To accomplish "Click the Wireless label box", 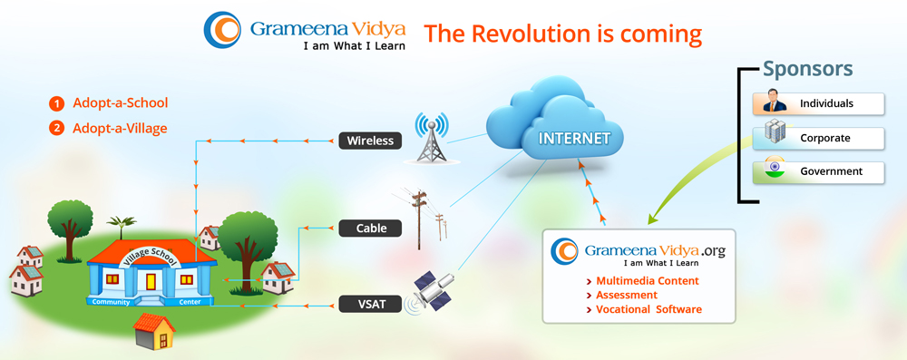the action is (x=370, y=141).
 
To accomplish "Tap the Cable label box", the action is (x=370, y=228).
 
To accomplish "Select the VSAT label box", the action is (x=370, y=304).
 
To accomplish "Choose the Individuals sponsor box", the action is (x=818, y=103).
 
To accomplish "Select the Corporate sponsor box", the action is (x=818, y=139).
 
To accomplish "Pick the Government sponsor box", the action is (x=818, y=172).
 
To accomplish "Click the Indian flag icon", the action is (x=774, y=167).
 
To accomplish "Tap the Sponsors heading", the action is (x=807, y=68).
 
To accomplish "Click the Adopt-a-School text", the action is (x=121, y=103).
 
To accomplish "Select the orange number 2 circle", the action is (x=56, y=129).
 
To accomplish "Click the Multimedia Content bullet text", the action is (x=648, y=281).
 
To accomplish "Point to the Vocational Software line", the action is (x=649, y=309).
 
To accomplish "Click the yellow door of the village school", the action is (x=151, y=282).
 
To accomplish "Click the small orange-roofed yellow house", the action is (x=154, y=330).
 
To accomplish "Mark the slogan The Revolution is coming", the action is (x=563, y=34).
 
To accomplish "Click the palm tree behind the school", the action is (x=122, y=226).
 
